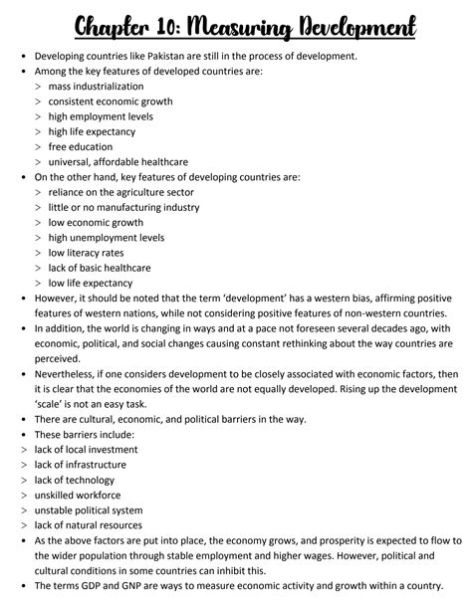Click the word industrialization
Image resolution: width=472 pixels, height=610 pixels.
pyautogui.click(x=114, y=87)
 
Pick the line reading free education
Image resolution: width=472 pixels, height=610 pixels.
pyautogui.click(x=84, y=146)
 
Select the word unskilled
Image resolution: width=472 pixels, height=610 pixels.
pyautogui.click(x=59, y=494)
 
